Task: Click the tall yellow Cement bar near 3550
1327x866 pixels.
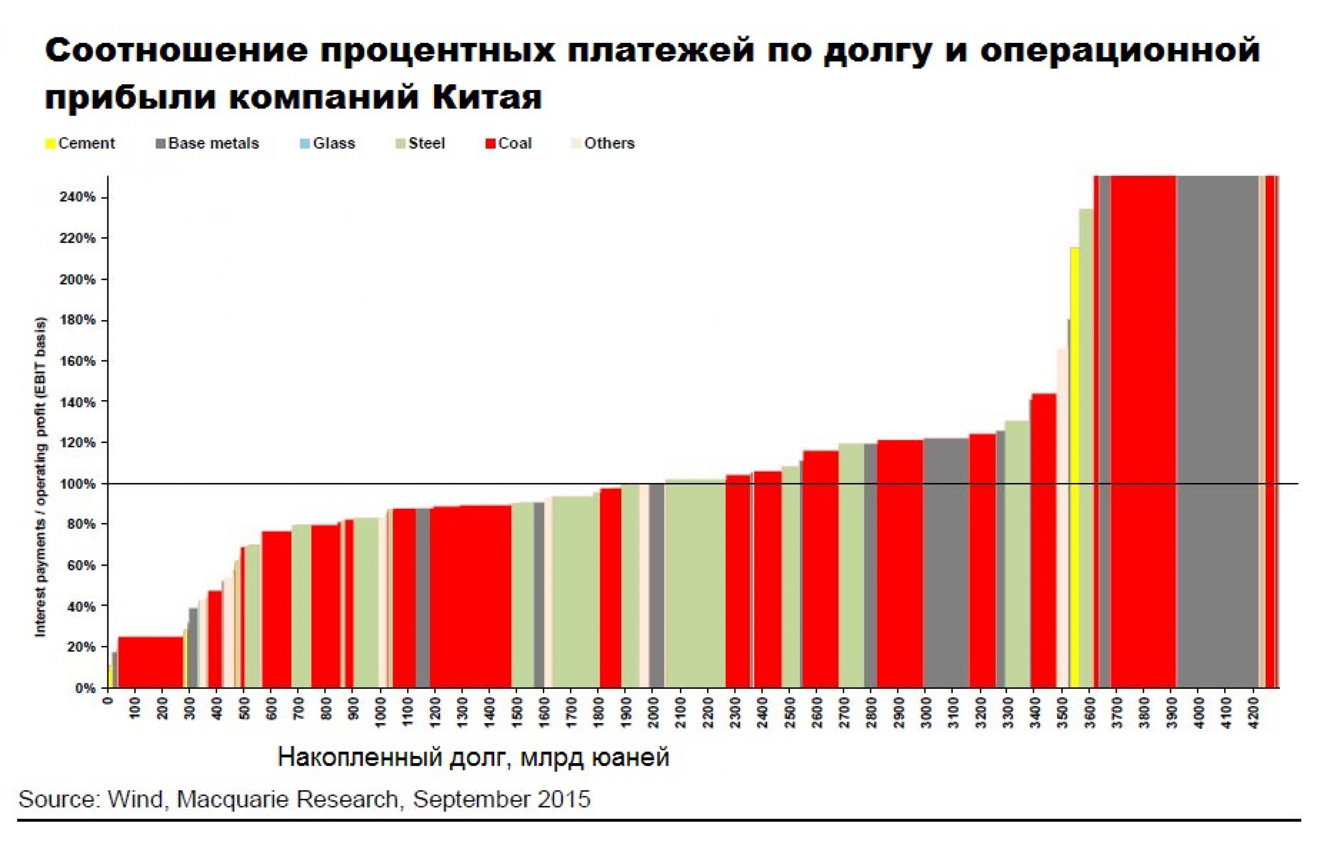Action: pos(1074,469)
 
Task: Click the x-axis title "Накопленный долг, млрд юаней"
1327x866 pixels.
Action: pos(473,758)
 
